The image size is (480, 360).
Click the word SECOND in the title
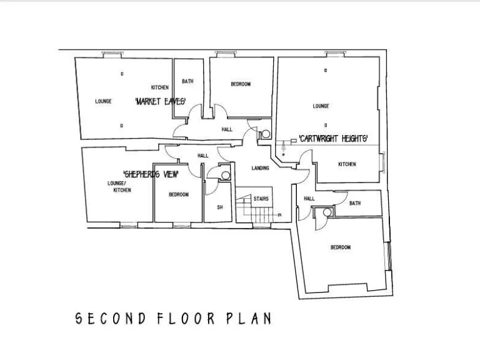pyautogui.click(x=111, y=318)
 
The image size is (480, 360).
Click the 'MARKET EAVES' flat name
pyautogui.click(x=161, y=101)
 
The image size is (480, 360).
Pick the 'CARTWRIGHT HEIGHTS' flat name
pyautogui.click(x=332, y=138)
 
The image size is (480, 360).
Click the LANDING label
pyautogui.click(x=260, y=169)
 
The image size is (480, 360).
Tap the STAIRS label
pyautogui.click(x=261, y=199)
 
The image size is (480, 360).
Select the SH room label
pyautogui.click(x=219, y=207)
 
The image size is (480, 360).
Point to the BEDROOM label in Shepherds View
pyautogui.click(x=178, y=195)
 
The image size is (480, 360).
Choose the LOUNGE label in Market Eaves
pyautogui.click(x=103, y=101)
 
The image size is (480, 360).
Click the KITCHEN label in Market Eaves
pyautogui.click(x=160, y=87)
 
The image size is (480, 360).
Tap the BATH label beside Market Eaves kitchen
pyautogui.click(x=187, y=82)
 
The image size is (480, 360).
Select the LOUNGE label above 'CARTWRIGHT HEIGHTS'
pyautogui.click(x=321, y=106)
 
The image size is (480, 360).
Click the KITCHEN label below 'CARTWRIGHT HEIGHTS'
pyautogui.click(x=347, y=164)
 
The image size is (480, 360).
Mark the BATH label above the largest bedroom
pyautogui.click(x=355, y=203)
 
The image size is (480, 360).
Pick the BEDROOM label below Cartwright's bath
pyautogui.click(x=341, y=247)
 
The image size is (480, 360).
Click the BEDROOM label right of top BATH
pyautogui.click(x=241, y=84)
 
